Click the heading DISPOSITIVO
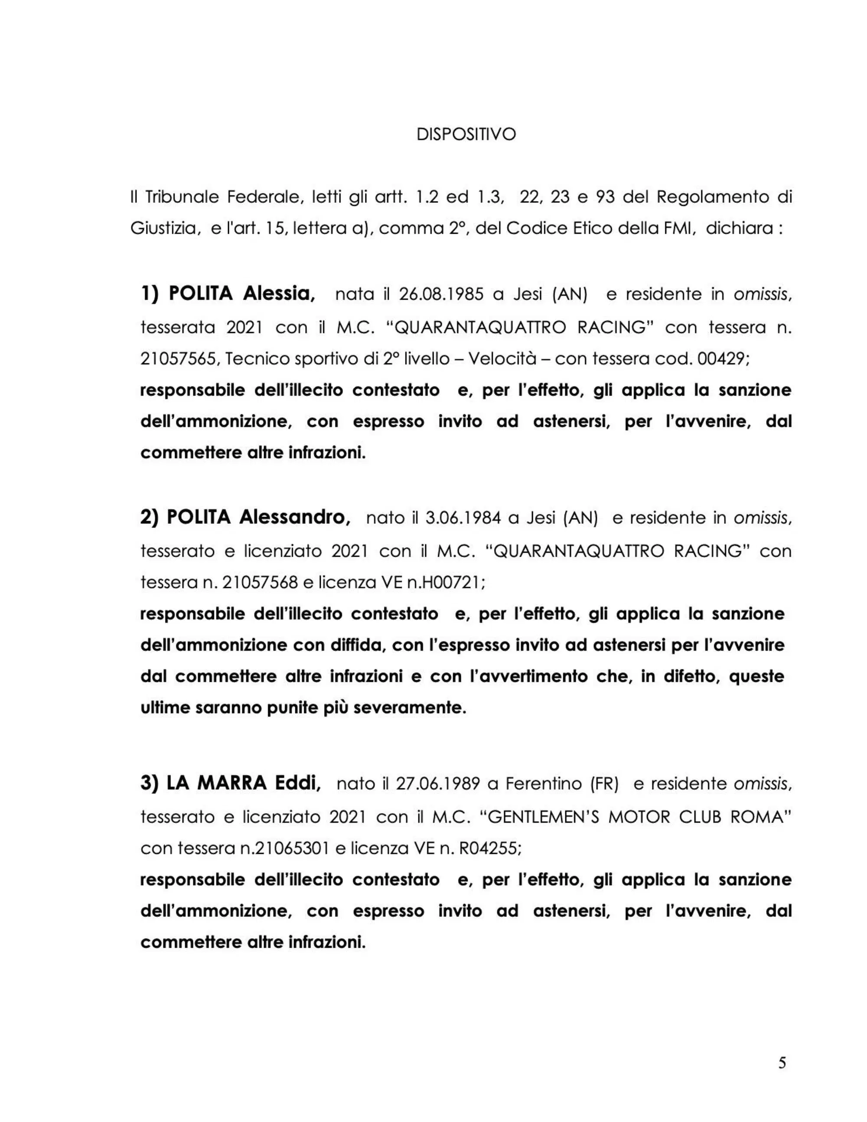(466, 134)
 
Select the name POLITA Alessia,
(228, 294)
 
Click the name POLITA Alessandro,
(245, 517)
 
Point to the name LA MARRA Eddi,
(231, 783)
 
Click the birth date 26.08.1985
(441, 294)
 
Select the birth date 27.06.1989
(437, 784)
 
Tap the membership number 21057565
(178, 359)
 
